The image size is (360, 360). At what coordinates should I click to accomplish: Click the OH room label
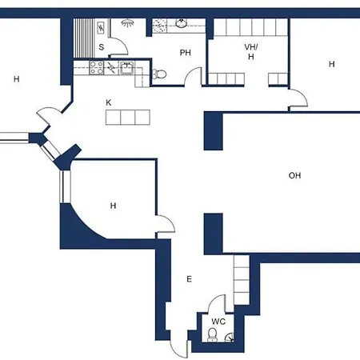(294, 175)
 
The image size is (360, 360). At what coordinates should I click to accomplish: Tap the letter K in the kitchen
(109, 102)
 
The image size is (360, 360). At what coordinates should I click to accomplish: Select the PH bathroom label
(185, 53)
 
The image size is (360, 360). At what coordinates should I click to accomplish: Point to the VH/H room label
(250, 51)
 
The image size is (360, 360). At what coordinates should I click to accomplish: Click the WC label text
(218, 322)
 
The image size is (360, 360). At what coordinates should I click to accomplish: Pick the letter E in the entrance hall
(189, 279)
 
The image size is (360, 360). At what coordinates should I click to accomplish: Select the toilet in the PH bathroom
(159, 74)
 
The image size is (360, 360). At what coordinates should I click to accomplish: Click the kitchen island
(128, 118)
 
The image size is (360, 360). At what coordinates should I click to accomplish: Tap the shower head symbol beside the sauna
(126, 23)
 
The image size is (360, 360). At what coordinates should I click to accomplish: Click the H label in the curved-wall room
(113, 206)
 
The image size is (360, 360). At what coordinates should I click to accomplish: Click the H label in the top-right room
(331, 64)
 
